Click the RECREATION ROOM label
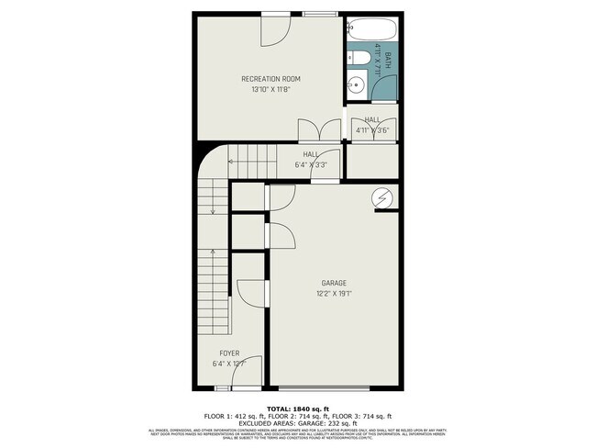click(270, 79)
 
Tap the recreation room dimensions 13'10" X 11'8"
click(270, 90)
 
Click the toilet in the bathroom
click(361, 60)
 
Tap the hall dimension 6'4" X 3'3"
click(312, 165)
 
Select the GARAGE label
click(334, 283)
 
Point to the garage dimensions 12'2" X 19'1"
click(334, 294)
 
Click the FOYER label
click(229, 353)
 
